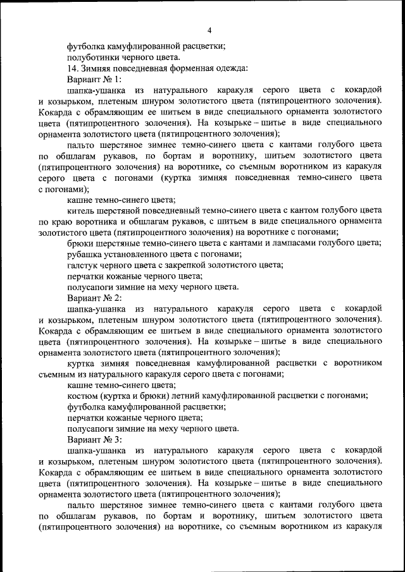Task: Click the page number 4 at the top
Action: [x=209, y=30]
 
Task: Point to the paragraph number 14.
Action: [x=73, y=68]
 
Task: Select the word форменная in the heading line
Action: [x=194, y=68]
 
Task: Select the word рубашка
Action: [x=85, y=254]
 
